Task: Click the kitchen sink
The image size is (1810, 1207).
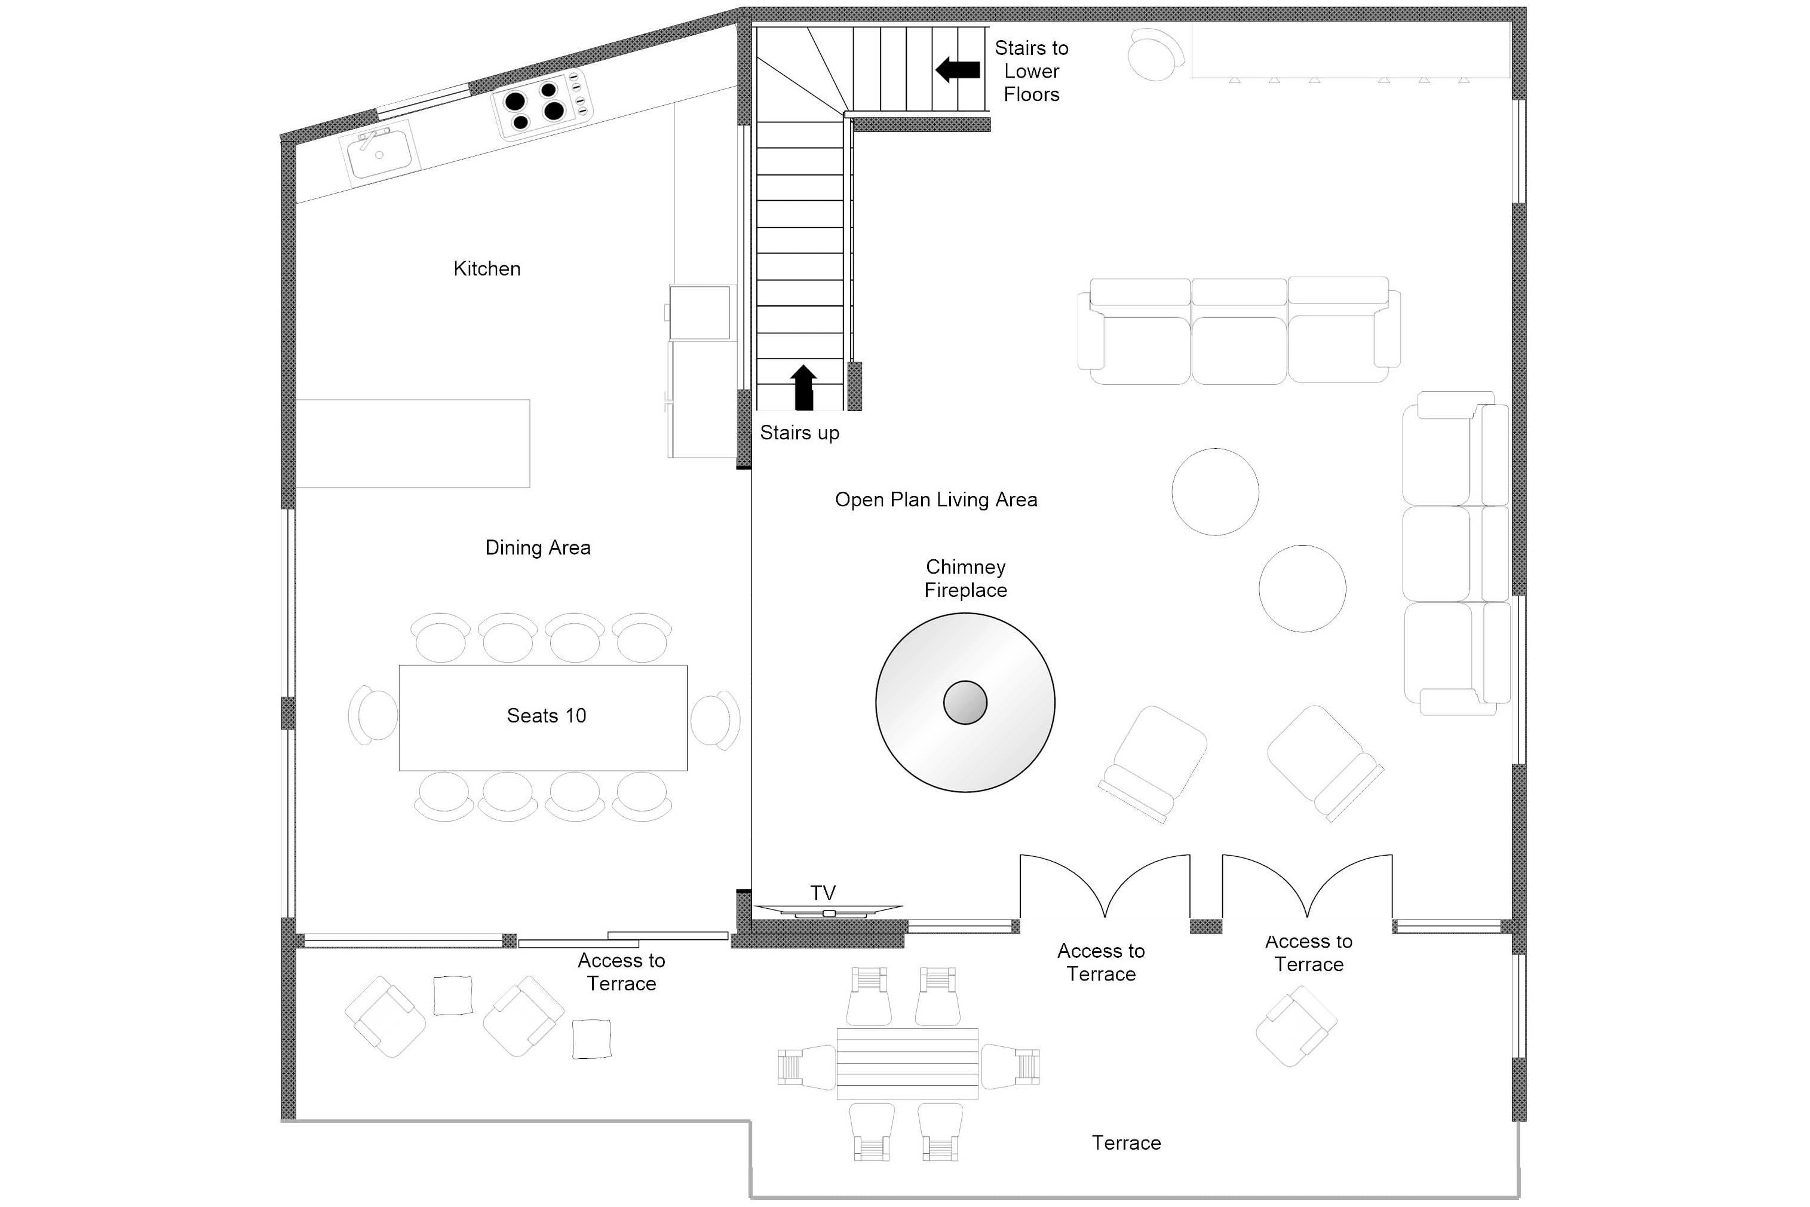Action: coord(379,154)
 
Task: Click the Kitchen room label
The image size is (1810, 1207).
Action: coord(486,269)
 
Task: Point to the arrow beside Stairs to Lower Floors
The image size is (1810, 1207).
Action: coord(958,69)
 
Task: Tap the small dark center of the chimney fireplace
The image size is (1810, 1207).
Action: coord(965,703)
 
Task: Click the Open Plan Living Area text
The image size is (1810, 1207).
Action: coord(936,500)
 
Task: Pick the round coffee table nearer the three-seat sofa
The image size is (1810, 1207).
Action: coord(1215,491)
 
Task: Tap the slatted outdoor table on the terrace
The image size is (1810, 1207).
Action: coord(907,1063)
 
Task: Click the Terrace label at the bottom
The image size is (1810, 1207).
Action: coord(1126,1142)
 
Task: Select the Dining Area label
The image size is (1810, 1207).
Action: coord(537,547)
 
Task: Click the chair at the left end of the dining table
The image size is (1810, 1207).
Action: coord(373,716)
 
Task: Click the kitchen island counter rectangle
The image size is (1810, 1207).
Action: coord(413,443)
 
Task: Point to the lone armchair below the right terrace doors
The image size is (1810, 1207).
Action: coord(1296,1025)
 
